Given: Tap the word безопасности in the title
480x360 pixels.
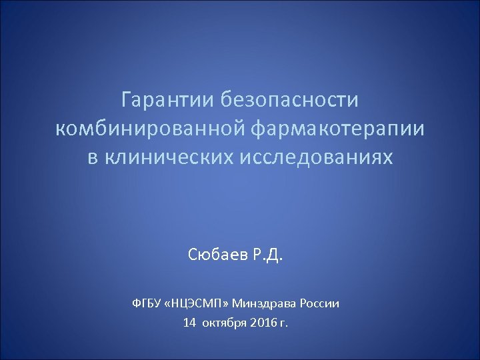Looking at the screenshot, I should (289, 100).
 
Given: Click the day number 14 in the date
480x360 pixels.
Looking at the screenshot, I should (189, 323).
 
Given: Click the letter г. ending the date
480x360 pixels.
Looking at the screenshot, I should (285, 324).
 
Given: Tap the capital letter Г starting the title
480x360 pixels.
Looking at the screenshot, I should (127, 100).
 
